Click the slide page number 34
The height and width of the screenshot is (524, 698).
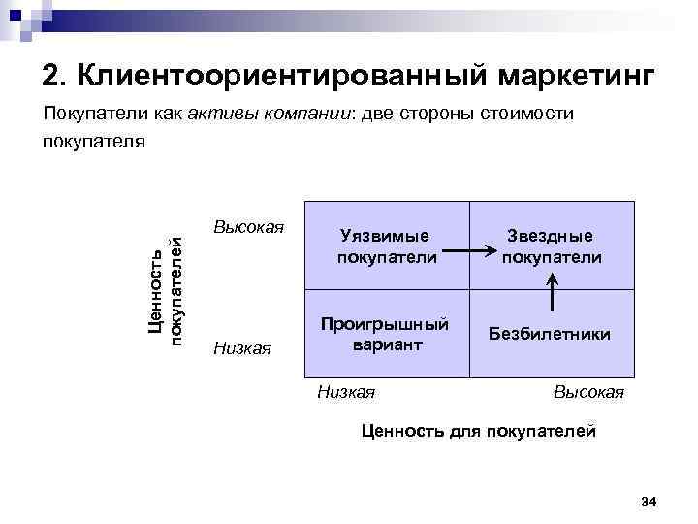tap(650, 501)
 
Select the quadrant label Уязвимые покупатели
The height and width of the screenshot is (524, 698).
tap(387, 246)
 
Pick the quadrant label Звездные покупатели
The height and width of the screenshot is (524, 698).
tap(552, 246)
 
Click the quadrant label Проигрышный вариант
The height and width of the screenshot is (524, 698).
tap(387, 333)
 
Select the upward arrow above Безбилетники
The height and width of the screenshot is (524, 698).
tap(552, 290)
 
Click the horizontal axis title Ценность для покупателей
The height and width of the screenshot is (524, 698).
tap(478, 431)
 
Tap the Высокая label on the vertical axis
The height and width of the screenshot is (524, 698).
tap(248, 227)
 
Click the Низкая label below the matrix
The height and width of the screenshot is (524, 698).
tap(346, 392)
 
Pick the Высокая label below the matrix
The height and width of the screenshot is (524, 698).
tap(588, 392)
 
